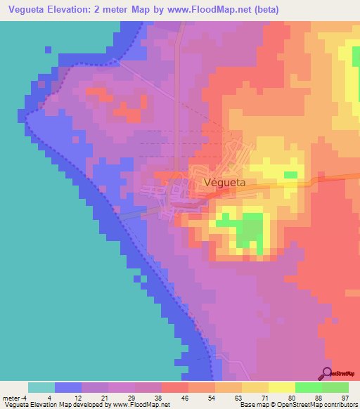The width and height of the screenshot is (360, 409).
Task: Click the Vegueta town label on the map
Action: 224,181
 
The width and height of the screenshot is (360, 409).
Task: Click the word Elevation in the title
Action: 72,10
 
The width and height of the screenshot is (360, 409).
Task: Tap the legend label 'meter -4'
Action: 13,397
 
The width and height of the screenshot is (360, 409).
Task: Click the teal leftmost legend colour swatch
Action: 41,387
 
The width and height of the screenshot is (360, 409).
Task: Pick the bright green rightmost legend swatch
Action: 335,387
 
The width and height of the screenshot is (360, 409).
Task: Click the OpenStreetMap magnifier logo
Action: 327,372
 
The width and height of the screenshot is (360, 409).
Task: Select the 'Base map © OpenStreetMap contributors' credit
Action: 298,405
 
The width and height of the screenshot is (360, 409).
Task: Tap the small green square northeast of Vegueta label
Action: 290,174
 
